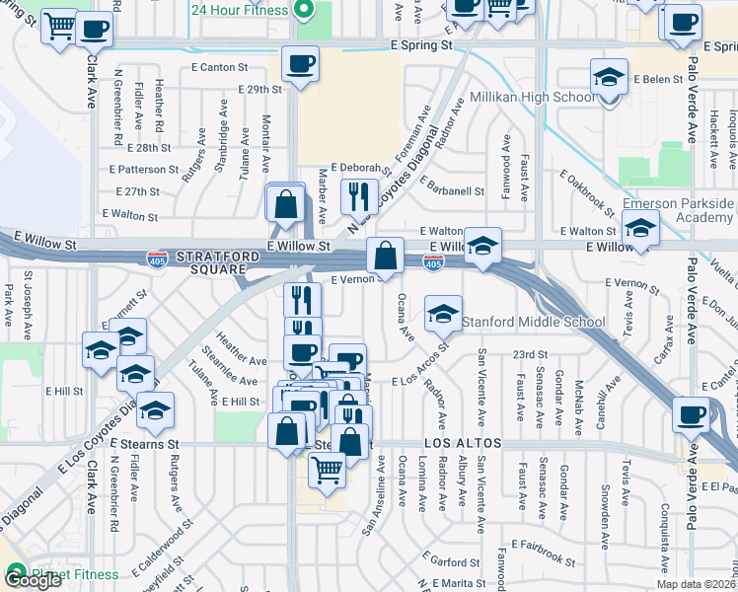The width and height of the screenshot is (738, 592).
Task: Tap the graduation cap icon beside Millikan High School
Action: pyautogui.click(x=609, y=78)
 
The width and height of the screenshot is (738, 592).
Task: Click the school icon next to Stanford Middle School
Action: pyautogui.click(x=443, y=315)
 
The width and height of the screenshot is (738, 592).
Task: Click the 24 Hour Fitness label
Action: pyautogui.click(x=240, y=11)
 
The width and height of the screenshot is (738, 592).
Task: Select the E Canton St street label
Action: pyautogui.click(x=223, y=67)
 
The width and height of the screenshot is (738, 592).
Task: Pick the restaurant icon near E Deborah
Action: pyautogui.click(x=359, y=194)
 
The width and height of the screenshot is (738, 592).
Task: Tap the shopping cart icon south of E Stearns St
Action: pyautogui.click(x=327, y=471)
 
